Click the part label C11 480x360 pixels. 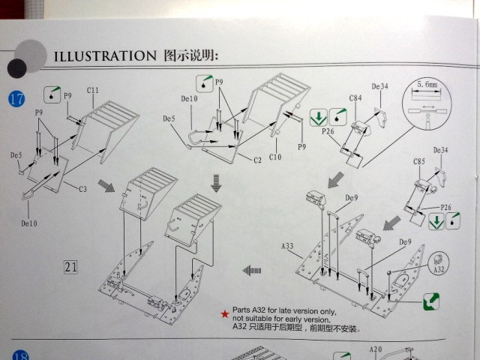click(x=93, y=91)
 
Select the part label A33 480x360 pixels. click(x=287, y=245)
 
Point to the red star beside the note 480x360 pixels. click(x=223, y=312)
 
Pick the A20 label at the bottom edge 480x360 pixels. click(x=376, y=349)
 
